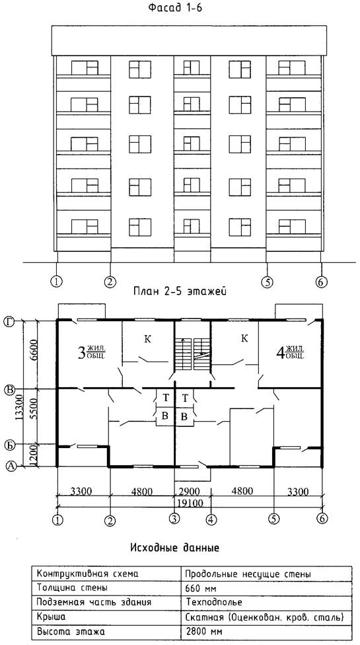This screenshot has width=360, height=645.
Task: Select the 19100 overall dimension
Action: coord(192,502)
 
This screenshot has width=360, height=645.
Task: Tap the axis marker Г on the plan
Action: coord(9,321)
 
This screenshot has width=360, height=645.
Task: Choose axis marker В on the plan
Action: coord(9,389)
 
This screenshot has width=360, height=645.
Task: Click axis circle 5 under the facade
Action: coord(267,282)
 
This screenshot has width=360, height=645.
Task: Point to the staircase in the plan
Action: coord(193,354)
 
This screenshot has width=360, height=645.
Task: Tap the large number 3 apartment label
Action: coord(81,352)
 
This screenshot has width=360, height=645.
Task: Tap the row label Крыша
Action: coord(51,617)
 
